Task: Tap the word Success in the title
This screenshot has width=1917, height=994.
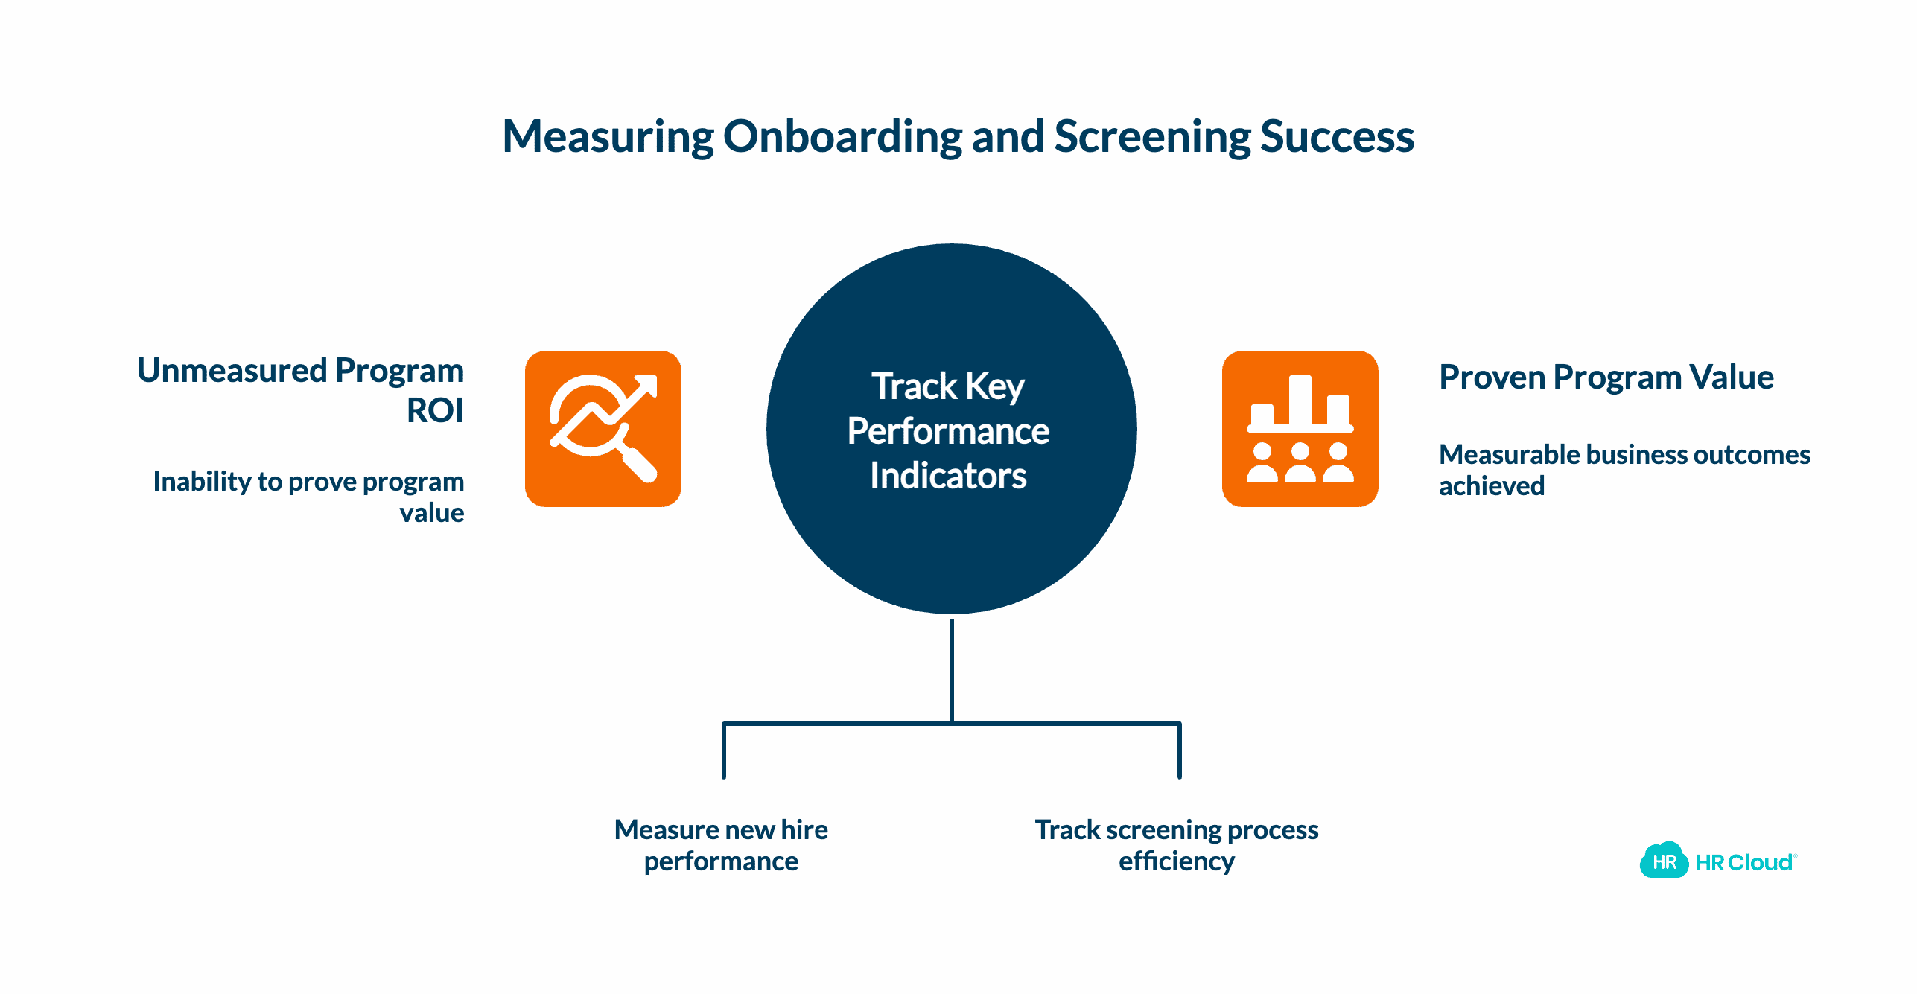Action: pos(1337,137)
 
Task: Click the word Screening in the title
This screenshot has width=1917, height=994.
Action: pos(1151,137)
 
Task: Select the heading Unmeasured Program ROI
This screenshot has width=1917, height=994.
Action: pos(300,389)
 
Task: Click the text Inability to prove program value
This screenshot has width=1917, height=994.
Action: pos(308,497)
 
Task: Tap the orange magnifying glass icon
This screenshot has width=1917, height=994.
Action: pos(603,429)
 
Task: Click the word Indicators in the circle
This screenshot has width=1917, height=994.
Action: pos(948,476)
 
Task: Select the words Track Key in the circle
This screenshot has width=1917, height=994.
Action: pos(948,386)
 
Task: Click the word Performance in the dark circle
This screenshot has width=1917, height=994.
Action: pos(948,431)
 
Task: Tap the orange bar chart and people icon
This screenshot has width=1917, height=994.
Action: pos(1300,429)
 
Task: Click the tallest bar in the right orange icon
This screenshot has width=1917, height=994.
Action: pos(1300,401)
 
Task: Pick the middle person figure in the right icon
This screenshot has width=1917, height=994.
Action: pos(1300,463)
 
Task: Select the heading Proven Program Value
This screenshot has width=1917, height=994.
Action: pos(1606,377)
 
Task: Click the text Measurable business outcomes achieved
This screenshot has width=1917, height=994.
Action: pos(1624,470)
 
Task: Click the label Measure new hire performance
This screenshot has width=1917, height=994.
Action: pos(721,845)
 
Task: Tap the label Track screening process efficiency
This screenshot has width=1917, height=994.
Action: pos(1177,845)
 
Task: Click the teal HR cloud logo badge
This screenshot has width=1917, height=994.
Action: pos(1664,861)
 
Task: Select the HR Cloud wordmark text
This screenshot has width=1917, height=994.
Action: pos(1744,862)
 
